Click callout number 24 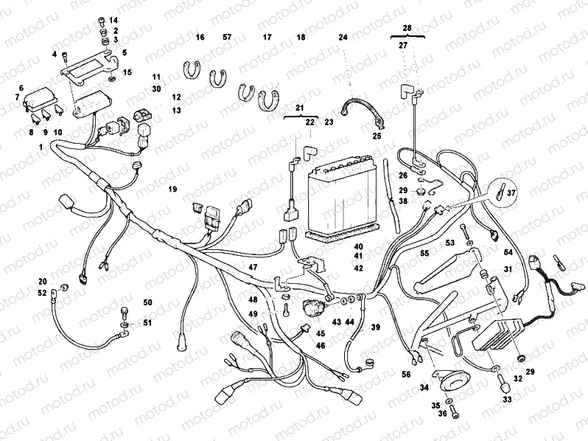[343, 37]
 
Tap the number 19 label [172, 190]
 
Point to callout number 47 [253, 266]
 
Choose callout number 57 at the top [226, 37]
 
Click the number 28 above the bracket [407, 27]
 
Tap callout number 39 [375, 327]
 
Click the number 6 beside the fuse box [21, 88]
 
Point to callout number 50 [147, 303]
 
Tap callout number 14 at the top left [113, 19]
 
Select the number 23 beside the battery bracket [329, 122]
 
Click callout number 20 [42, 282]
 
